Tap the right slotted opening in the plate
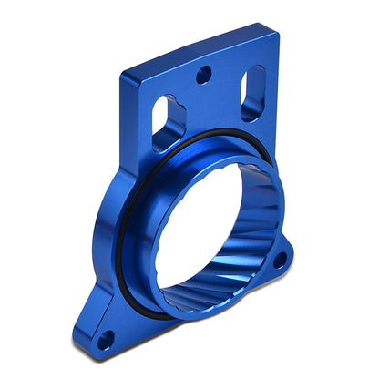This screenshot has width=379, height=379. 252,93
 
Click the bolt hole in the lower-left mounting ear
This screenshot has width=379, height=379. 106,341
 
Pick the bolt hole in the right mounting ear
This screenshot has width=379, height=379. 279,261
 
